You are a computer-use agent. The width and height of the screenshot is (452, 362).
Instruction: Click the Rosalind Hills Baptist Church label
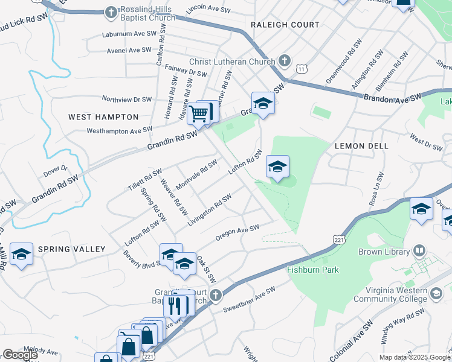click(x=147, y=14)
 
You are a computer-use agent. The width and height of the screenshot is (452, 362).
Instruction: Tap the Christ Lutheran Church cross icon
click(x=285, y=61)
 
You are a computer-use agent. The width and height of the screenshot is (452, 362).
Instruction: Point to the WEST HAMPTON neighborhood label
click(x=103, y=117)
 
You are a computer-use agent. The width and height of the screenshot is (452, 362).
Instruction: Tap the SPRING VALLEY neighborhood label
click(x=72, y=249)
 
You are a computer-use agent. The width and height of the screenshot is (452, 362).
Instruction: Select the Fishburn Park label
click(x=314, y=270)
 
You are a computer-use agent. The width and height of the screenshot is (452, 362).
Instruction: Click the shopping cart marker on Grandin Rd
click(x=198, y=113)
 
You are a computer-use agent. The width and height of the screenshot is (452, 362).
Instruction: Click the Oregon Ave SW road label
click(x=237, y=232)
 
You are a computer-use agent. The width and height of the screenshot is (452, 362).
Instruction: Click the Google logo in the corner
click(x=20, y=355)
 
